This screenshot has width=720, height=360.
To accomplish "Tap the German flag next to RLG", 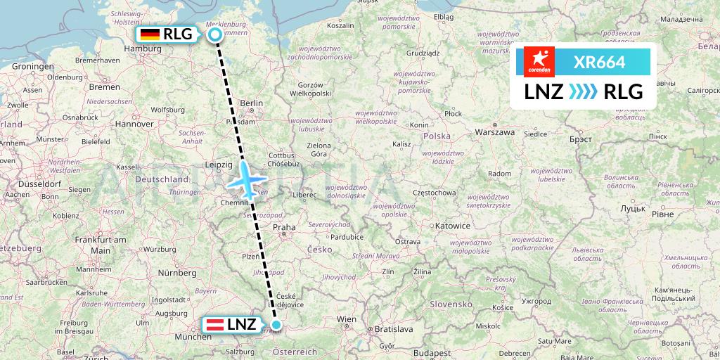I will (150, 34).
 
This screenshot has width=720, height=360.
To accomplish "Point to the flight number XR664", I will (599, 63).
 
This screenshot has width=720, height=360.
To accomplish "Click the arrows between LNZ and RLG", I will (582, 91).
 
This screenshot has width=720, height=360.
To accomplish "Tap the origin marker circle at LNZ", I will (276, 325).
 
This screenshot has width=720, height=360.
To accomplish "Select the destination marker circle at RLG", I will (214, 34).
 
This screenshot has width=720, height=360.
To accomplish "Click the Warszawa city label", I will (495, 131).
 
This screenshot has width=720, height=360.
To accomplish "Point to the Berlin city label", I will (251, 103).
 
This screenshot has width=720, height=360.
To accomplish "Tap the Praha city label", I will (284, 227).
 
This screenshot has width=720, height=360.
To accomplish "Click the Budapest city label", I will (432, 352).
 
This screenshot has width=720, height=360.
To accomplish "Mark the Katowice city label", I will (452, 226).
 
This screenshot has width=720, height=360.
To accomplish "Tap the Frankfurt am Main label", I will (101, 245).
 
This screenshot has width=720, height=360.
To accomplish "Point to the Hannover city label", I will (134, 124).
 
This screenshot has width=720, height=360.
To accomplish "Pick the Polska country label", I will (437, 135).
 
